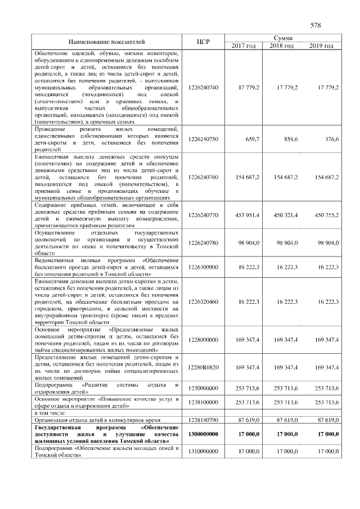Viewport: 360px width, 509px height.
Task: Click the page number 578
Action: (315, 25)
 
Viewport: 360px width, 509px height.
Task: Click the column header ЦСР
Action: (204, 42)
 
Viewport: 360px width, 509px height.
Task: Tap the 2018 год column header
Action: (282, 46)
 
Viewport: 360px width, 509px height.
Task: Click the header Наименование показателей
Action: (107, 42)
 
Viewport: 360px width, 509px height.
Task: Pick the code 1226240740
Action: (204, 87)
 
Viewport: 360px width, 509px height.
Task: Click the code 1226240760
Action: (204, 177)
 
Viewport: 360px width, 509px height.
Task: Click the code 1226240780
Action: (204, 242)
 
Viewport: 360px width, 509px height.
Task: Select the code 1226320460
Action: (204, 302)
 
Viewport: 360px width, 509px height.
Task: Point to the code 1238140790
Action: (204, 420)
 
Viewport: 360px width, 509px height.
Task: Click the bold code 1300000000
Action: (204, 434)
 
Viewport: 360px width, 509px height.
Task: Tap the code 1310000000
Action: (204, 452)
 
